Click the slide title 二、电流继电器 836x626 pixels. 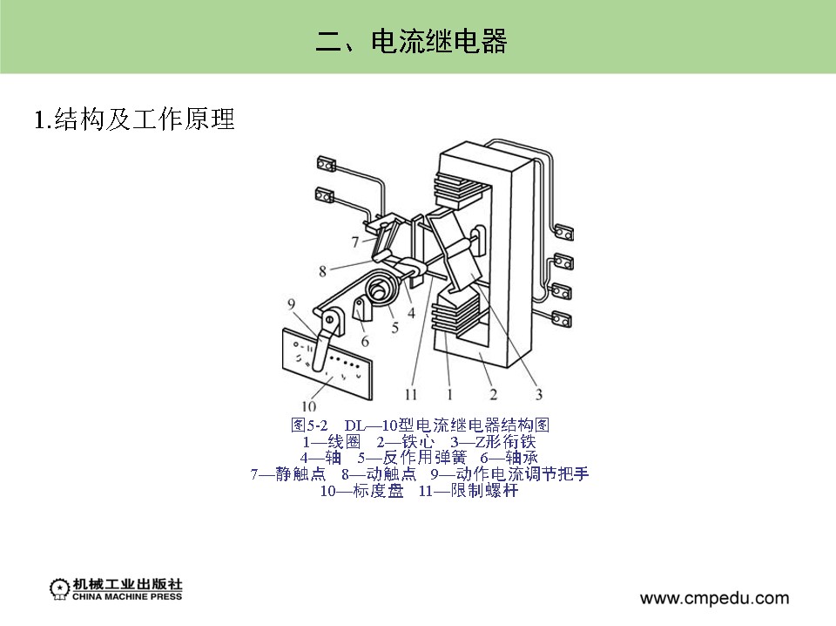[411, 41]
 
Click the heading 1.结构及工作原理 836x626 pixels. [134, 119]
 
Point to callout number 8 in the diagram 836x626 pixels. [322, 271]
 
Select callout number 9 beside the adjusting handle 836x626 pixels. [291, 304]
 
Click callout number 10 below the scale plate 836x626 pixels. [308, 406]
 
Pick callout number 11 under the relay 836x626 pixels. [410, 394]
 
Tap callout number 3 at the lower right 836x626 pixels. [539, 394]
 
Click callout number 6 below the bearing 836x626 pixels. [365, 341]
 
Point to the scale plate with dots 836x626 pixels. [327, 364]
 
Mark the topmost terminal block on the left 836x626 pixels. [327, 163]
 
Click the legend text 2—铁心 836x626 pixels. [405, 442]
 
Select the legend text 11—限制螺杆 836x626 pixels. [469, 491]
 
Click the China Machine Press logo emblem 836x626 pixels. [59, 589]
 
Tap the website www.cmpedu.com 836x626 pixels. [714, 598]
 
